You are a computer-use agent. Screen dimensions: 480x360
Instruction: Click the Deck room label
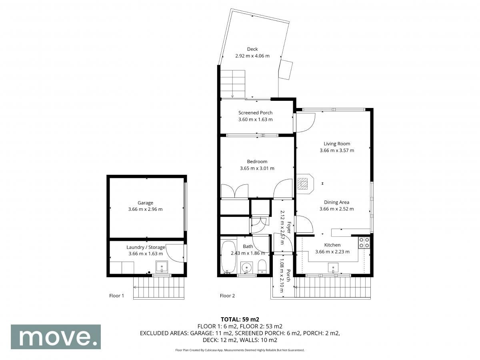point(252,49)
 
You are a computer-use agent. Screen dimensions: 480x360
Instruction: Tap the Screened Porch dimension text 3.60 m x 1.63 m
point(255,119)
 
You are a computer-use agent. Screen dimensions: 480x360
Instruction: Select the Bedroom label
point(257,162)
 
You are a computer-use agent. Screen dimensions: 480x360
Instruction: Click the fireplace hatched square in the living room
point(303,183)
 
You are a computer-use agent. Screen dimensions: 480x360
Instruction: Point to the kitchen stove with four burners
point(364,243)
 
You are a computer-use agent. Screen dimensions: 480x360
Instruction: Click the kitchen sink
point(333,268)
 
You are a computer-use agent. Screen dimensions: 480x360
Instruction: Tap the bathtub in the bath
point(228,257)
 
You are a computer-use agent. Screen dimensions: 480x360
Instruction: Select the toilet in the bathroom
point(262,266)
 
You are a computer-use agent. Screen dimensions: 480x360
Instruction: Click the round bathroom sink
point(247,267)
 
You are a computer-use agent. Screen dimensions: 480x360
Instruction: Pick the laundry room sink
point(162,267)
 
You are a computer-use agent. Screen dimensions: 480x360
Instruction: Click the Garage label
point(145,203)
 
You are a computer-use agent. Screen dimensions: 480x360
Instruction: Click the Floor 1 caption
point(116,296)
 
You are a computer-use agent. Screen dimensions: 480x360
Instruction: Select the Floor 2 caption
point(227,296)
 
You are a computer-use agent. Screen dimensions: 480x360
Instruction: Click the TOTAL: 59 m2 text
point(240,320)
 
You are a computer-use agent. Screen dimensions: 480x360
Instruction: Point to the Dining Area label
point(336,202)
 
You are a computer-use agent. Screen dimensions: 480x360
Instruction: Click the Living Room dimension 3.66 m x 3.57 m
point(337,150)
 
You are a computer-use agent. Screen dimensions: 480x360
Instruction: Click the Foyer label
point(289,228)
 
